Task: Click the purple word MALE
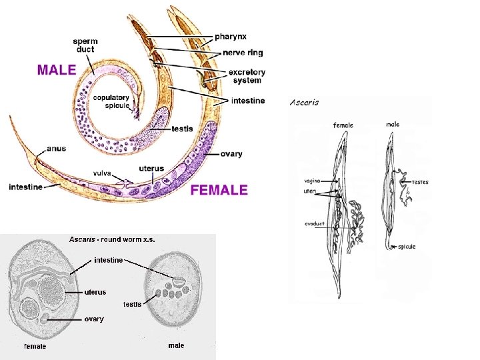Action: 56,70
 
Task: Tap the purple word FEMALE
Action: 219,190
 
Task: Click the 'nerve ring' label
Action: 239,52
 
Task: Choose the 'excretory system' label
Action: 247,76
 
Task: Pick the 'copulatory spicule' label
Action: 111,101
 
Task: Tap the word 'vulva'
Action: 102,173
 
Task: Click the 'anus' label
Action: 56,149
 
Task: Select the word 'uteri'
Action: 311,191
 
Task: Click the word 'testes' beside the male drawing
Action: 420,181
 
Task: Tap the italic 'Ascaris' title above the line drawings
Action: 305,103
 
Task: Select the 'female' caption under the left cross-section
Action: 35,346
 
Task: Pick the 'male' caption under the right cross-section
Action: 176,345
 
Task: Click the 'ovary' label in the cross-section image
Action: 94,319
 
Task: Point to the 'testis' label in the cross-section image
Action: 132,304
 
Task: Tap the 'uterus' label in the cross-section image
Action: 95,292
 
